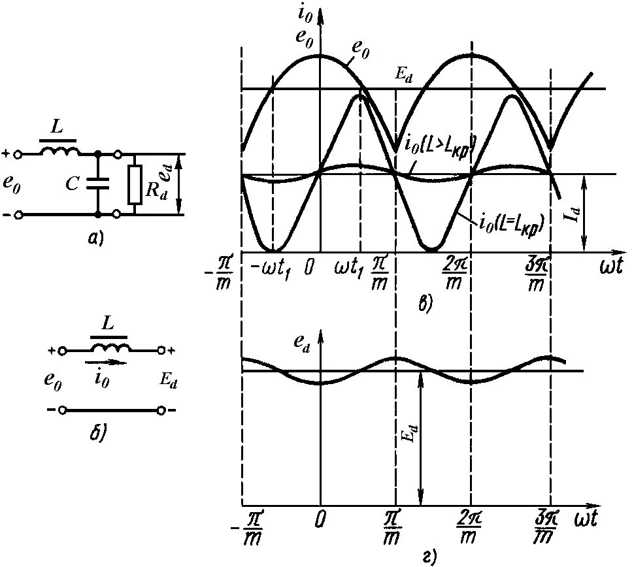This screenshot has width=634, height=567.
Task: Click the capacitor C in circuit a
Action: point(97,184)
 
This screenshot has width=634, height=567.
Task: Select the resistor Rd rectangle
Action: point(135,184)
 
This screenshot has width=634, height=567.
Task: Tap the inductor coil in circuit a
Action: point(60,151)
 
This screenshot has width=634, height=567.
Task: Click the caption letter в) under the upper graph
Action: point(425,302)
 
